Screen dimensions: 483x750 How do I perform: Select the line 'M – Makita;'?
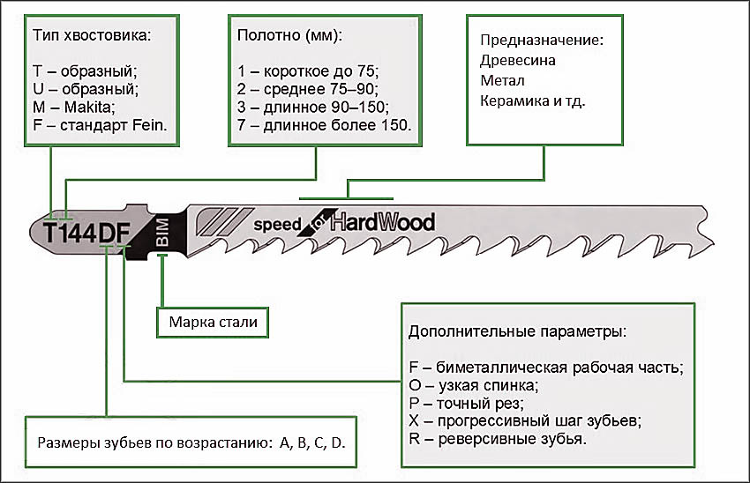tap(74, 107)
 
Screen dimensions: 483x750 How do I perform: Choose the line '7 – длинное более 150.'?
tap(325, 125)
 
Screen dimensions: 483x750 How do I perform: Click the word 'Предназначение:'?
tap(541, 41)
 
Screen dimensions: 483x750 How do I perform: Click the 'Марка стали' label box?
tap(213, 322)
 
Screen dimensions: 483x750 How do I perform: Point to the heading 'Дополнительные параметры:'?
tap(518, 333)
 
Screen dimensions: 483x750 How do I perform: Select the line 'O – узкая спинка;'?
tap(473, 384)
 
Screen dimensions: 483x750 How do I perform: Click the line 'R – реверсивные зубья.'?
tap(499, 438)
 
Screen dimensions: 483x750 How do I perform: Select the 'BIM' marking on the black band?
tap(161, 233)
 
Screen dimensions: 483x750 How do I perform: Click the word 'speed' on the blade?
tap(278, 224)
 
